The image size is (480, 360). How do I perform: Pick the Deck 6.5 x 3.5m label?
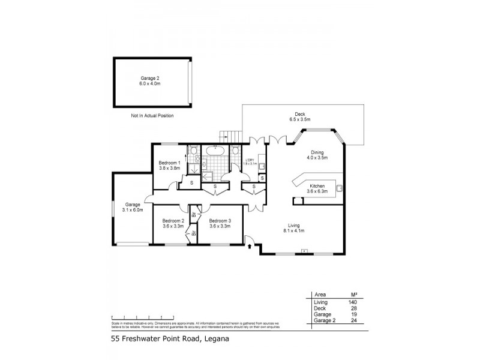click(300, 117)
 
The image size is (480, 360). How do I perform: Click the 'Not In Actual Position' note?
click(152, 115)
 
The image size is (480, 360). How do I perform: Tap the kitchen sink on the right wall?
click(340, 188)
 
